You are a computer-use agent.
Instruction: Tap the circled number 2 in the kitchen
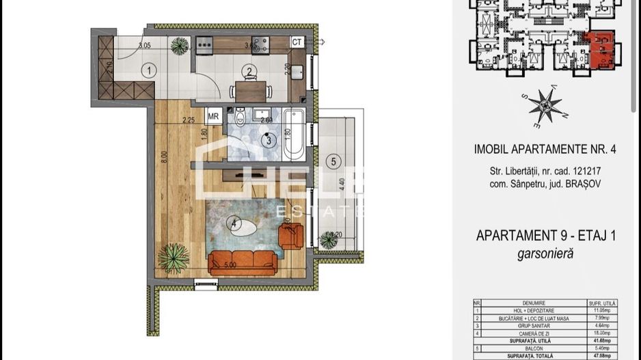pos(250,71)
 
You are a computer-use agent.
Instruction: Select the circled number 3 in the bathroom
pos(269,141)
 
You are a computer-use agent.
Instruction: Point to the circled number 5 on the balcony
pos(333,162)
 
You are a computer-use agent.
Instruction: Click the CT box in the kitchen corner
pos(297,42)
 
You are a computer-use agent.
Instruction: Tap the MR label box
pos(213,116)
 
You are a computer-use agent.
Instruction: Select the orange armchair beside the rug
pos(292,236)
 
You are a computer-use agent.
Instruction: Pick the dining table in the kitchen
pos(251,89)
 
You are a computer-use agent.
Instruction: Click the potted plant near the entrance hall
pos(180,46)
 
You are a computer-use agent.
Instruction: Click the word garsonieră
pos(546,253)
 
